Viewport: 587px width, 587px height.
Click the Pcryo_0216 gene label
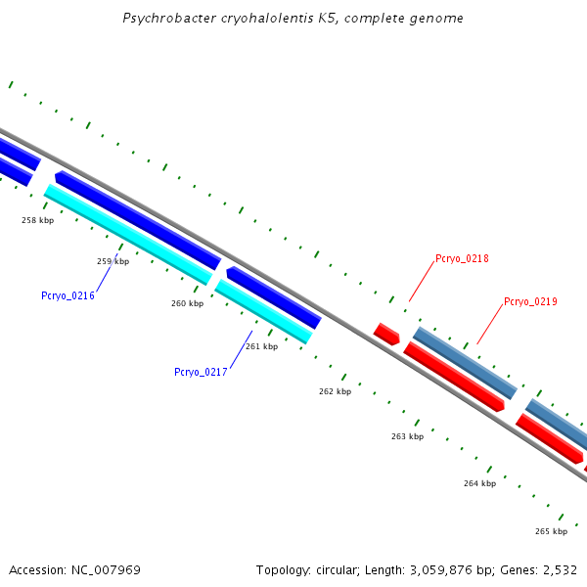coord(68,295)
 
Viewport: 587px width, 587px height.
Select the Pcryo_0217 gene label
coord(201,372)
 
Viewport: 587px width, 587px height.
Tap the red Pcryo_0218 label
coord(462,258)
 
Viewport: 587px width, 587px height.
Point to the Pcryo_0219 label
coord(530,301)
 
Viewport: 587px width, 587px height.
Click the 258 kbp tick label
coord(37,220)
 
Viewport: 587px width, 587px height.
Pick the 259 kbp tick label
coord(113,261)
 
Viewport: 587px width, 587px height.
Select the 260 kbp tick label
coord(187,303)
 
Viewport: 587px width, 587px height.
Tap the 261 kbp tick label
coord(261,346)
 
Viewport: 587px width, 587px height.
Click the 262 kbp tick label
coord(335,391)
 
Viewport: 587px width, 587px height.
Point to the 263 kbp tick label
coord(407,436)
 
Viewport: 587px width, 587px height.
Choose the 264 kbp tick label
coord(479,483)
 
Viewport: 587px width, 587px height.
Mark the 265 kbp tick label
coord(551,531)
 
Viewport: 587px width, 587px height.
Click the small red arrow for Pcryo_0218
coord(386,334)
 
